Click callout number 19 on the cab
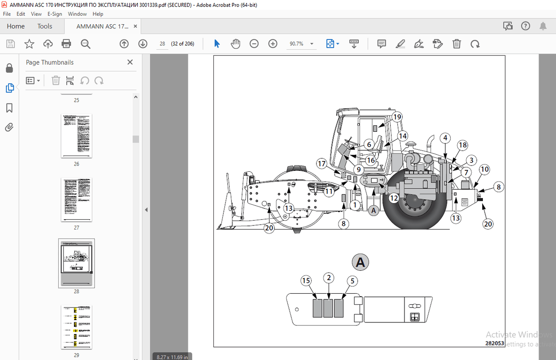[396, 117]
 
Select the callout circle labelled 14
[402, 136]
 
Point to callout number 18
[463, 145]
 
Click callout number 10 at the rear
[484, 169]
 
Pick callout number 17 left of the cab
[321, 164]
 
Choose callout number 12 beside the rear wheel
[394, 198]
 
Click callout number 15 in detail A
[306, 281]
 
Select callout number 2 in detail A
[329, 278]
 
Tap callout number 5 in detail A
[352, 281]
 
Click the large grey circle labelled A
[361, 263]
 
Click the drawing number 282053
[494, 343]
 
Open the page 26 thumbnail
[76, 136]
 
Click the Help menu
[98, 14]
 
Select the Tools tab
[45, 26]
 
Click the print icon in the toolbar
[66, 43]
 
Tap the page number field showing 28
[162, 43]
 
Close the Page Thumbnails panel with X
[130, 62]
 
